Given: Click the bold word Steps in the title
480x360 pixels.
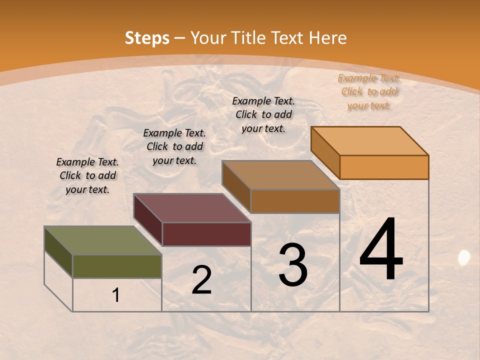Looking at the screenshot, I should coord(147,38).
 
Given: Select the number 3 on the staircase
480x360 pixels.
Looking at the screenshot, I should coord(293,265).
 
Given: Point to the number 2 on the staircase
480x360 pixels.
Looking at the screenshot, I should coord(201,280).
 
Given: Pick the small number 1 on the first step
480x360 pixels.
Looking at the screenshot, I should coord(116,295).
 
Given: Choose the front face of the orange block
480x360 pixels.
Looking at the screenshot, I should coord(384,167).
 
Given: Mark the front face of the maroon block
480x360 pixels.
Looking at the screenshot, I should coord(206,234).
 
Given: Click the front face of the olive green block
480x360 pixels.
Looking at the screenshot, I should coord(117,266).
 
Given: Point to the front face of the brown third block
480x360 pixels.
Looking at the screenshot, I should coord(295,201).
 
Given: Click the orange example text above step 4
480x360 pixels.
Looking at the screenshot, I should coord(369,91).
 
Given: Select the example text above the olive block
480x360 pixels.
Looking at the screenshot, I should coord(87,175).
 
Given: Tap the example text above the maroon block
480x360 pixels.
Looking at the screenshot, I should coord(174,146).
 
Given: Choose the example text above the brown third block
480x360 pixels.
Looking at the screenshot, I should coord(263,114).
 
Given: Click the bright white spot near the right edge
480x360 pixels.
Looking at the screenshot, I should coord(464,257).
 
